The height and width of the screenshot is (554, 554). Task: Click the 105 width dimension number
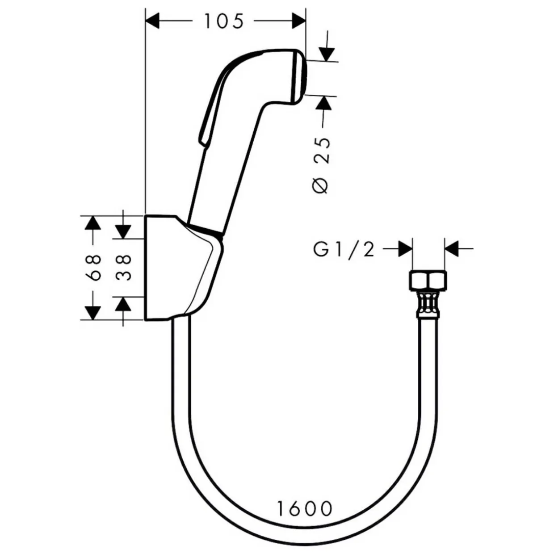tap(224, 21)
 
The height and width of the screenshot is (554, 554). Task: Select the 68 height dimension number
tap(93, 267)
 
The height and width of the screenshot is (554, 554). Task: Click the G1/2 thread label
tap(344, 249)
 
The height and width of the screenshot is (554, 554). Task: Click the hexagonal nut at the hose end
tap(428, 281)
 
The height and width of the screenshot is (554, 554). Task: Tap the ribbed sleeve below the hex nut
tap(428, 304)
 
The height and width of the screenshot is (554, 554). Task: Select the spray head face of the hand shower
tap(299, 78)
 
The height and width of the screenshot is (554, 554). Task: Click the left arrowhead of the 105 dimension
tap(153, 21)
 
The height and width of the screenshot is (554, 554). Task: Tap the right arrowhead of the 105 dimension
tap(298, 21)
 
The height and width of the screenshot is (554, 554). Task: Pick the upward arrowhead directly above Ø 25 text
tap(323, 103)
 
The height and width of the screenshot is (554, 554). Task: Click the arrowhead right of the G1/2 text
tap(405, 249)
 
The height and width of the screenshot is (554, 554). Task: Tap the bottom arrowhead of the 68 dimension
tap(93, 313)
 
